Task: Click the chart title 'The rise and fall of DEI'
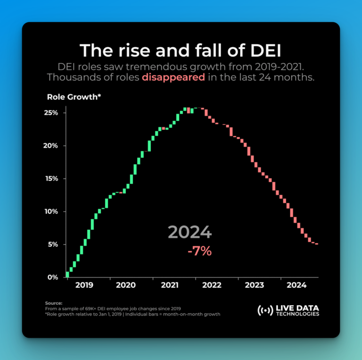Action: coord(181,50)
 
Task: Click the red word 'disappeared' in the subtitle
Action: coord(173,77)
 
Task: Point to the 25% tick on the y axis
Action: coord(51,113)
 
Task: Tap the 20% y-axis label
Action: coord(51,146)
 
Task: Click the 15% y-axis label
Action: coord(51,179)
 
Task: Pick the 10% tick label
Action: coord(51,211)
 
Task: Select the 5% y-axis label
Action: coord(53,244)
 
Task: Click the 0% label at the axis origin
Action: coord(53,277)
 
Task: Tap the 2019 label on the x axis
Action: coord(84,285)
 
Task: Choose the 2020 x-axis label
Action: coord(126,285)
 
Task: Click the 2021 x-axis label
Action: coord(169,285)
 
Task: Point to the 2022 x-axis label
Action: coord(212,285)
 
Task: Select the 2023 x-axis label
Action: coord(255,285)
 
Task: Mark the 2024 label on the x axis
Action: coord(297,285)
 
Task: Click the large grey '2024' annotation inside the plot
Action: coord(190,232)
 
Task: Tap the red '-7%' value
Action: coord(199,251)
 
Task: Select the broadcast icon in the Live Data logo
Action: coord(265,310)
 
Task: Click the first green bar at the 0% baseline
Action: coord(67,274)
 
